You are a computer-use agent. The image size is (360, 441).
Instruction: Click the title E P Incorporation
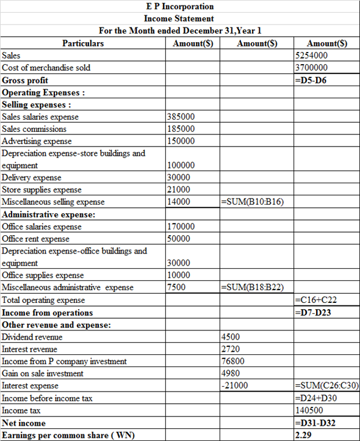click(x=179, y=6)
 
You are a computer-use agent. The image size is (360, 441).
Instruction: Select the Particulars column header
click(x=83, y=43)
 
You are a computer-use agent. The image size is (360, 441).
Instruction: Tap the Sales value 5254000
click(x=311, y=56)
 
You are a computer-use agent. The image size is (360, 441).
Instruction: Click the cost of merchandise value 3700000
click(x=311, y=68)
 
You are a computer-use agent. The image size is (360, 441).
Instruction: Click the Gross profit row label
click(x=25, y=80)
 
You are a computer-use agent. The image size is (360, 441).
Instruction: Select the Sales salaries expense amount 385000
click(x=181, y=117)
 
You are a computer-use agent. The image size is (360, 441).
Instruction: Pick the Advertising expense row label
click(x=37, y=141)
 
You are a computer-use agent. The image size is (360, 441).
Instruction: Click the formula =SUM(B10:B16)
click(x=253, y=202)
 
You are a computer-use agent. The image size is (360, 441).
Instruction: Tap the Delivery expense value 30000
click(x=179, y=178)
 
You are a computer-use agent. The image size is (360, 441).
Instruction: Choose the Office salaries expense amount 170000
click(x=181, y=227)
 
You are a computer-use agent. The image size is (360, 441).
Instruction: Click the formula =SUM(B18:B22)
click(x=253, y=288)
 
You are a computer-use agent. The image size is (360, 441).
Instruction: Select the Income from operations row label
click(x=48, y=312)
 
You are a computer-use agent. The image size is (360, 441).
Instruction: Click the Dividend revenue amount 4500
click(x=231, y=337)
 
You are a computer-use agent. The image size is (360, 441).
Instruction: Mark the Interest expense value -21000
click(x=234, y=385)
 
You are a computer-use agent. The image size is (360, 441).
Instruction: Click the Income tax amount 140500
click(x=308, y=410)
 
